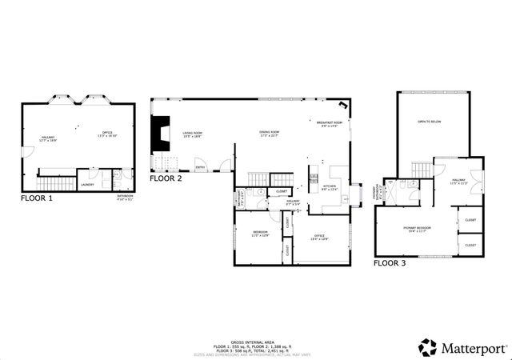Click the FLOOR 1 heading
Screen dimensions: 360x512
pyautogui.click(x=37, y=197)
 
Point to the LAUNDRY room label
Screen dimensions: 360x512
pyautogui.click(x=88, y=185)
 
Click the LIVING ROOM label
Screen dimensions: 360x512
pyautogui.click(x=191, y=133)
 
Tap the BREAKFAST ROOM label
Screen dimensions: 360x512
pyautogui.click(x=329, y=122)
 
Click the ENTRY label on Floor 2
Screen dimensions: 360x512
pyautogui.click(x=200, y=166)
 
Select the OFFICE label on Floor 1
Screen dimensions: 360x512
pyautogui.click(x=106, y=133)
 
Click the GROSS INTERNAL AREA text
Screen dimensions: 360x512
pyautogui.click(x=256, y=340)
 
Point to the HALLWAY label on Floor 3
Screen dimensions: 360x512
pyautogui.click(x=458, y=180)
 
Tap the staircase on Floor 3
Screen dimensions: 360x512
pyautogui.click(x=421, y=169)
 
